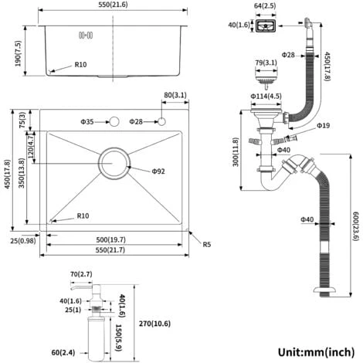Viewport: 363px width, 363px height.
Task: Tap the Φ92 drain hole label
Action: coord(158,171)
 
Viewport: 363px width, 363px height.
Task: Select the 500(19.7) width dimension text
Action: coord(111,239)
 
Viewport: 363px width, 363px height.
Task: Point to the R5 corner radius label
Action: coord(207,244)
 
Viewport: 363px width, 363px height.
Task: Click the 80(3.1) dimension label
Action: coord(175,95)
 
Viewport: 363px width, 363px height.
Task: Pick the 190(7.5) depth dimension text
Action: coord(19,53)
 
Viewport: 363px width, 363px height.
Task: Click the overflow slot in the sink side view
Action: coord(86,35)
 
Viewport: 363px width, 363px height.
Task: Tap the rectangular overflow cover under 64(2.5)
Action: coord(266,26)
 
